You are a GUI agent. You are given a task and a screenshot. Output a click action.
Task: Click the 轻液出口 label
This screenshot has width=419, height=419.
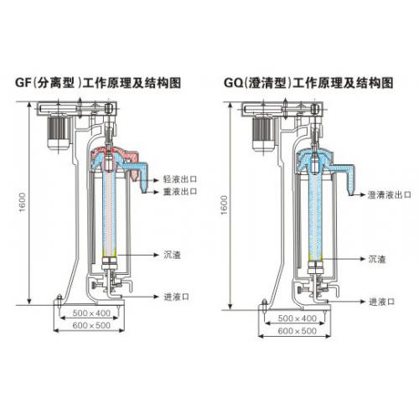pyautogui.click(x=180, y=179)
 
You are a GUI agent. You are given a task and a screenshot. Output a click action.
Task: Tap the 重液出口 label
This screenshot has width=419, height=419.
pyautogui.click(x=180, y=192)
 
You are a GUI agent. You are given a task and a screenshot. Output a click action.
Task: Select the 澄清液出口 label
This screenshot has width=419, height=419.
pyautogui.click(x=390, y=195)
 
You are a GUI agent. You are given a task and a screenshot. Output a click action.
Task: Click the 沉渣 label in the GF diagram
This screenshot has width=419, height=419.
pyautogui.click(x=172, y=255)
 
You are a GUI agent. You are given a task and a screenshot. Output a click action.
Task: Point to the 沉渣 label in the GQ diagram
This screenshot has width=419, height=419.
pyautogui.click(x=377, y=259)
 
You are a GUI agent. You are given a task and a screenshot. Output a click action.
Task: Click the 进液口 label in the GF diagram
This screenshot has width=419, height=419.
pyautogui.click(x=177, y=297)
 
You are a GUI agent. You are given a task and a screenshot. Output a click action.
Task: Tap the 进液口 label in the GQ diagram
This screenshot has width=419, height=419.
pyautogui.click(x=381, y=302)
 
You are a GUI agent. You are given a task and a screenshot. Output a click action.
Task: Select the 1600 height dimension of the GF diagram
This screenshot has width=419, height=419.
pyautogui.click(x=23, y=202)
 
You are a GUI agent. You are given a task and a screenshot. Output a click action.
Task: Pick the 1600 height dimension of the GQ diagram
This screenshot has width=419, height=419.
pyautogui.click(x=225, y=205)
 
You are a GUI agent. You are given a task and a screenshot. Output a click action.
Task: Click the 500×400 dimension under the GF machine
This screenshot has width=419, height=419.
pyautogui.click(x=91, y=313)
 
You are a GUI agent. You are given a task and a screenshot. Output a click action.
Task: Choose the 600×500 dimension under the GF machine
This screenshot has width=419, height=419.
pyautogui.click(x=91, y=325)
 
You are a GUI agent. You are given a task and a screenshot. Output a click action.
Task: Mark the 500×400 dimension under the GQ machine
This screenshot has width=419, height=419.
pyautogui.click(x=297, y=318)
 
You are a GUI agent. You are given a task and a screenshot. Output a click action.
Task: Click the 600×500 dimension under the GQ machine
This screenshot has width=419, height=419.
pyautogui.click(x=297, y=331)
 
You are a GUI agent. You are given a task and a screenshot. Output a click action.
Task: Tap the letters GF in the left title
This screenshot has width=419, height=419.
pyautogui.click(x=23, y=83)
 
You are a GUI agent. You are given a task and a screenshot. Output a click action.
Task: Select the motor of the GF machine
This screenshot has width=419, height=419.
pyautogui.click(x=59, y=132)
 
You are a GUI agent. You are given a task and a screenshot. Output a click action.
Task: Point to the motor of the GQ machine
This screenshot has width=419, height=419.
pyautogui.click(x=263, y=133)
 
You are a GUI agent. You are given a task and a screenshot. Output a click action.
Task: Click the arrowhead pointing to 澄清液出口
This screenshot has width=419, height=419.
pyautogui.click(x=363, y=194)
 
